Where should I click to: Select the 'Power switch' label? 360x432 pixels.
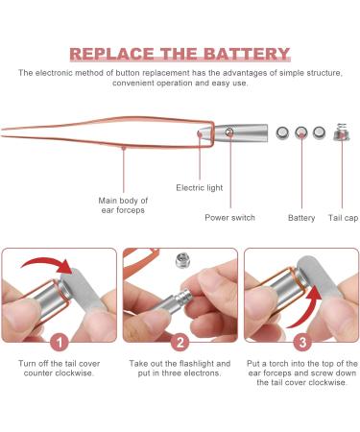point(229,218)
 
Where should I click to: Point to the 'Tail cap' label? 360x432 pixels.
point(342,218)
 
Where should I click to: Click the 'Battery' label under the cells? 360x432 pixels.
point(301,218)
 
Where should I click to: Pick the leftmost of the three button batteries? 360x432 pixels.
point(281,133)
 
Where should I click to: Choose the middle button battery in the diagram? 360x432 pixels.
point(301,133)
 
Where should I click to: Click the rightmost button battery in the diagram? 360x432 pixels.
point(321,133)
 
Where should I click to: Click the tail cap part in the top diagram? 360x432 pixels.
point(341,134)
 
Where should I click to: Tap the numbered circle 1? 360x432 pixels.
point(59,340)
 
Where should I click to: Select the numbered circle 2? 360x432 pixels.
point(180,340)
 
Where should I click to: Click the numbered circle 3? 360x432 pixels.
point(301,340)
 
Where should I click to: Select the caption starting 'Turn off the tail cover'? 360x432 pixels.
point(59,370)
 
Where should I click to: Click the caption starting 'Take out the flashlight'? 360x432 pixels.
point(180,370)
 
